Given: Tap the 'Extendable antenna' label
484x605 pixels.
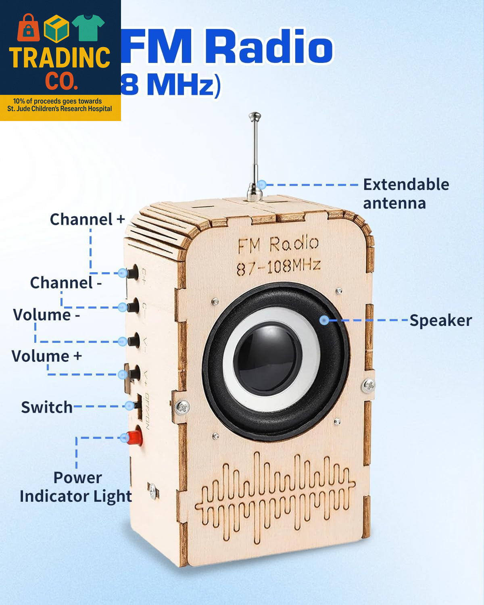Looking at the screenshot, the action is point(405,194).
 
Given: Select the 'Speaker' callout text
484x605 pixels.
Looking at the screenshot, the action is point(440,321).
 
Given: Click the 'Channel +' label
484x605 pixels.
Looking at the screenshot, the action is point(87,219).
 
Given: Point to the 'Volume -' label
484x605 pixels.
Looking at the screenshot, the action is point(46,315).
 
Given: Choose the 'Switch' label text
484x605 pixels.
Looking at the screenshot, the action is point(47,407).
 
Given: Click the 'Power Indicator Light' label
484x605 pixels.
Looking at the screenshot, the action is point(76,487).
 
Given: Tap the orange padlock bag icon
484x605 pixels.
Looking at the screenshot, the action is point(28,28).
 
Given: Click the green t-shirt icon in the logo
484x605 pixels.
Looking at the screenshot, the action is point(88,27).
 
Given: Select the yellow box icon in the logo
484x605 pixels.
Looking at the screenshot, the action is point(56,29).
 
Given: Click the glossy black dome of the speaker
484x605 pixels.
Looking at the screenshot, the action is point(267,358).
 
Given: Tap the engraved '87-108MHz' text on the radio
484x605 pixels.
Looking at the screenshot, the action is point(278,267).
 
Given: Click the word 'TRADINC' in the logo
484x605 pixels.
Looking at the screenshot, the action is point(60,58).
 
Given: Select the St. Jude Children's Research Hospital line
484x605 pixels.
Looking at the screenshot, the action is point(60,109).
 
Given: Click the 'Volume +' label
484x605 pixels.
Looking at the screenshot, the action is point(47,356).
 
